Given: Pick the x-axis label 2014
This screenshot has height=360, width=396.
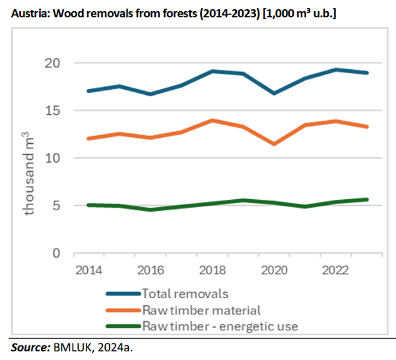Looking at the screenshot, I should tap(88, 270).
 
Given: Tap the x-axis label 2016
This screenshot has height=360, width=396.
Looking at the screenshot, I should tap(151, 270).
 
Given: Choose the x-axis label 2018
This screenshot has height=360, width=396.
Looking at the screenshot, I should tap(214, 270).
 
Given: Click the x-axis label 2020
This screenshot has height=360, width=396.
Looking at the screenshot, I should tap(277, 270).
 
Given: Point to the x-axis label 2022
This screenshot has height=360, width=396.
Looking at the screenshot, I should tap(339, 270).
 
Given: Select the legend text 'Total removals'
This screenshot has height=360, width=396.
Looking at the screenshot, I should tap(180, 293).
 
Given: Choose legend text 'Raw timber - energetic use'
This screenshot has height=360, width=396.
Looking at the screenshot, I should tap(220, 325).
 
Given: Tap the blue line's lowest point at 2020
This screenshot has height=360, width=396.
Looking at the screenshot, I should tap(274, 94).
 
